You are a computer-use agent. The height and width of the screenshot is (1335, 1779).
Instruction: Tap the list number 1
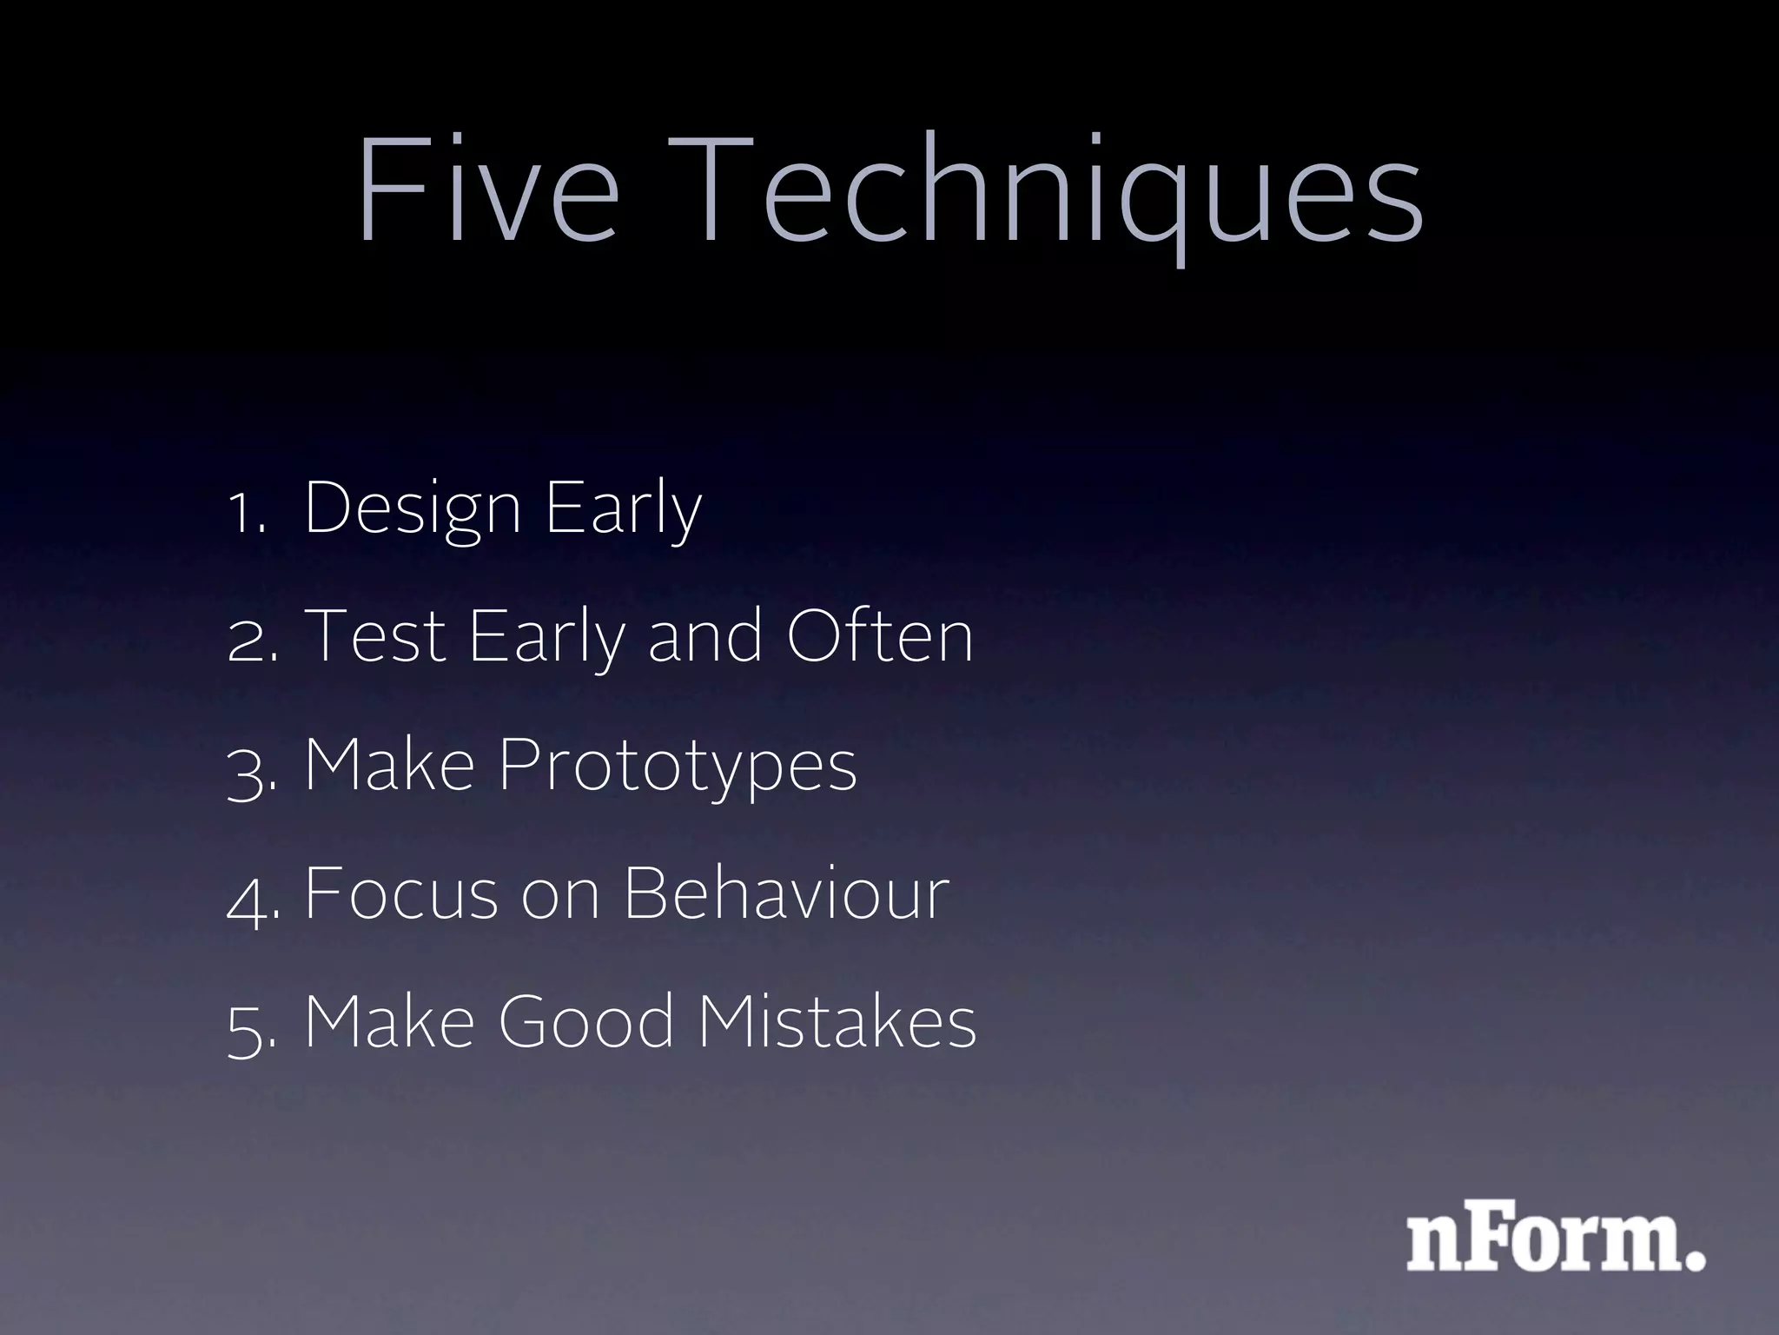click(x=247, y=513)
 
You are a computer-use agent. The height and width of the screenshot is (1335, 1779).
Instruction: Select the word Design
click(x=413, y=509)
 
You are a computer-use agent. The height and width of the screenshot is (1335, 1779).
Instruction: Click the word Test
click(x=375, y=636)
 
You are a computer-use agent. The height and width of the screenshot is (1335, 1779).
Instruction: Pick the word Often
click(x=879, y=636)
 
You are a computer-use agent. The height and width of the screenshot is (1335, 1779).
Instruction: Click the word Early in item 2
click(x=546, y=638)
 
